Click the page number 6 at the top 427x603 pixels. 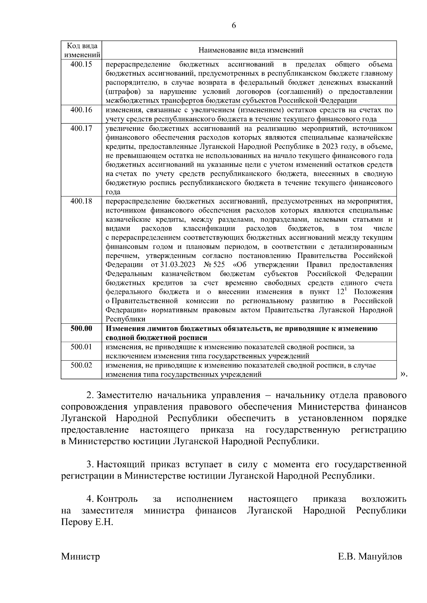(234, 25)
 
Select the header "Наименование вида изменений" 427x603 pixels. (251, 50)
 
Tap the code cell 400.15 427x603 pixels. (81, 64)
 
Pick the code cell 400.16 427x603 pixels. (81, 110)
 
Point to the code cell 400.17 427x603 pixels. (81, 128)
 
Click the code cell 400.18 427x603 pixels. (81, 201)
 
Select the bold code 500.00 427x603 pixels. (81, 329)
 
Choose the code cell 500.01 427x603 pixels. (81, 347)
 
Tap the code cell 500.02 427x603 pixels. (81, 365)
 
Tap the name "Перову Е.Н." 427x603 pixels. (87, 523)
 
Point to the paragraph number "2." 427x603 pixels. (90, 395)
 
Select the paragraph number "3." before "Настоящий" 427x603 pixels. (90, 464)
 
